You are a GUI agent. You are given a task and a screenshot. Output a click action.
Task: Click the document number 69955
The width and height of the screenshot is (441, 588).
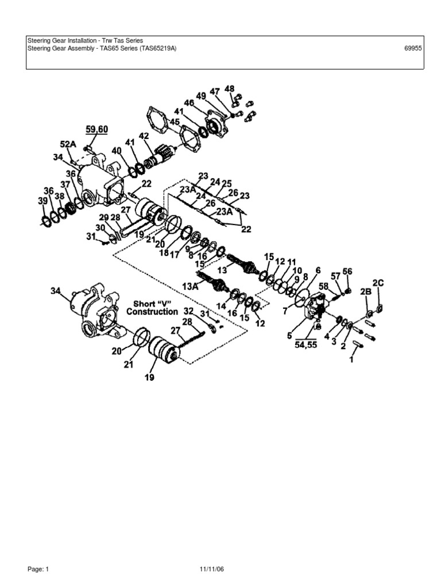[413, 49]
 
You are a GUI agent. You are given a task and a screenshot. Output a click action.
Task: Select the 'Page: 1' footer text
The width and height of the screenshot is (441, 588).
[39, 569]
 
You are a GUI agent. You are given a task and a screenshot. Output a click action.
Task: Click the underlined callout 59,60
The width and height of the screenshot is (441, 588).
[97, 130]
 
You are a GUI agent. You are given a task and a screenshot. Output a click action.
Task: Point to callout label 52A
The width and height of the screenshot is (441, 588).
[68, 144]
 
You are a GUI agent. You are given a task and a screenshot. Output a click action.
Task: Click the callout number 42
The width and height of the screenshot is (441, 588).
[144, 136]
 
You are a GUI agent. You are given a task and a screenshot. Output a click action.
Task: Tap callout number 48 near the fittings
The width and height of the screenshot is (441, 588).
[230, 89]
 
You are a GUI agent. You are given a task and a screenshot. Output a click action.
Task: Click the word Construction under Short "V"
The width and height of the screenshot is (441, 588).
[152, 312]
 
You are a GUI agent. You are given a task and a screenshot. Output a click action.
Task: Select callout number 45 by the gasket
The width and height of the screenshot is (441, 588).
[175, 122]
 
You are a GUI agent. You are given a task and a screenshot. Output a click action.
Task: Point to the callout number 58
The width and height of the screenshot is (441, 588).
[324, 286]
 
